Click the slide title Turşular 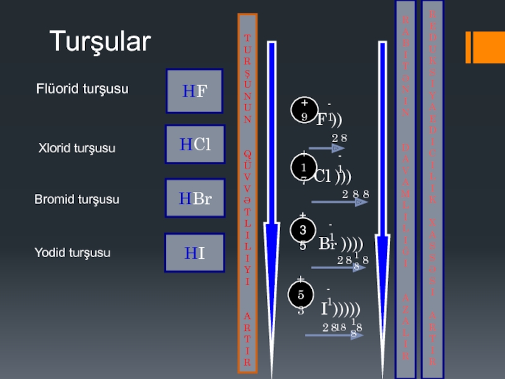(100, 42)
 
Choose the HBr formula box (194, 199)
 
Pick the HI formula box (194, 253)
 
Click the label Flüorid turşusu (82, 89)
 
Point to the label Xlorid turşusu (77, 148)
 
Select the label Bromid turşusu (76, 200)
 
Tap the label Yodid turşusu (72, 253)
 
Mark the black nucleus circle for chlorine (304, 167)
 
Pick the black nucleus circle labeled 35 (302, 231)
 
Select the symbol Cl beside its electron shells (323, 175)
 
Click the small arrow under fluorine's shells (326, 148)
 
